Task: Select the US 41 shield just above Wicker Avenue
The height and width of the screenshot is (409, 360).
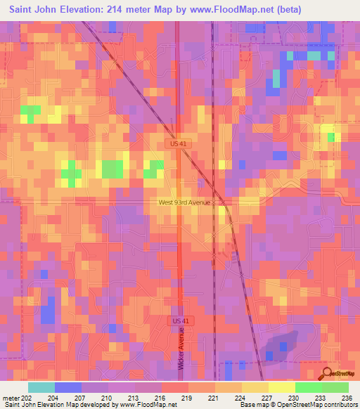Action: tap(181, 320)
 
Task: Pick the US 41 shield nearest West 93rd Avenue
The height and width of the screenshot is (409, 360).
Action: tap(180, 143)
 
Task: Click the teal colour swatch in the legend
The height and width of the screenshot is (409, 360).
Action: tap(41, 387)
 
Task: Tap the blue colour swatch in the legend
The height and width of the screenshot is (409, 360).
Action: tap(68, 387)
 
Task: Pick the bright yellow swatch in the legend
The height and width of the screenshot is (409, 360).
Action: tap(282, 387)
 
